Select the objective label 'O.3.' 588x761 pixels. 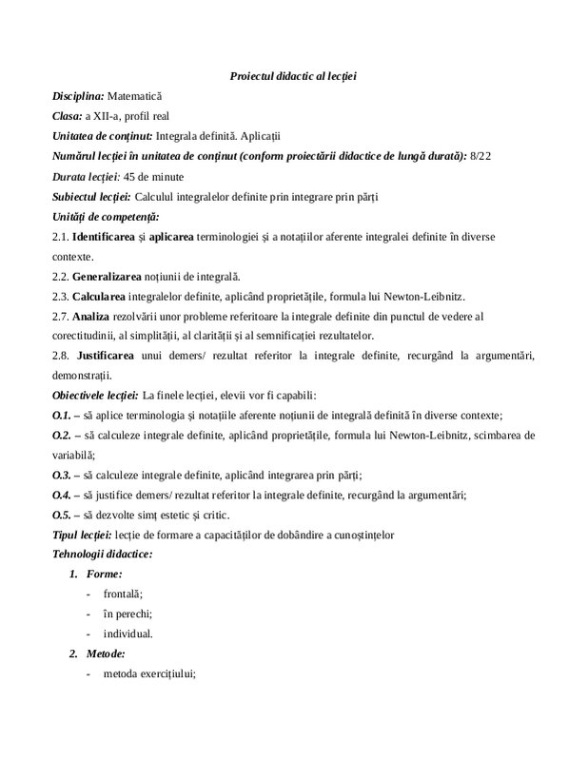65,474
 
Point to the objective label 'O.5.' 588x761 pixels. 65,514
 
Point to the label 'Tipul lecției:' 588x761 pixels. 82,534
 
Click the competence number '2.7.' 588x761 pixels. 63,315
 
